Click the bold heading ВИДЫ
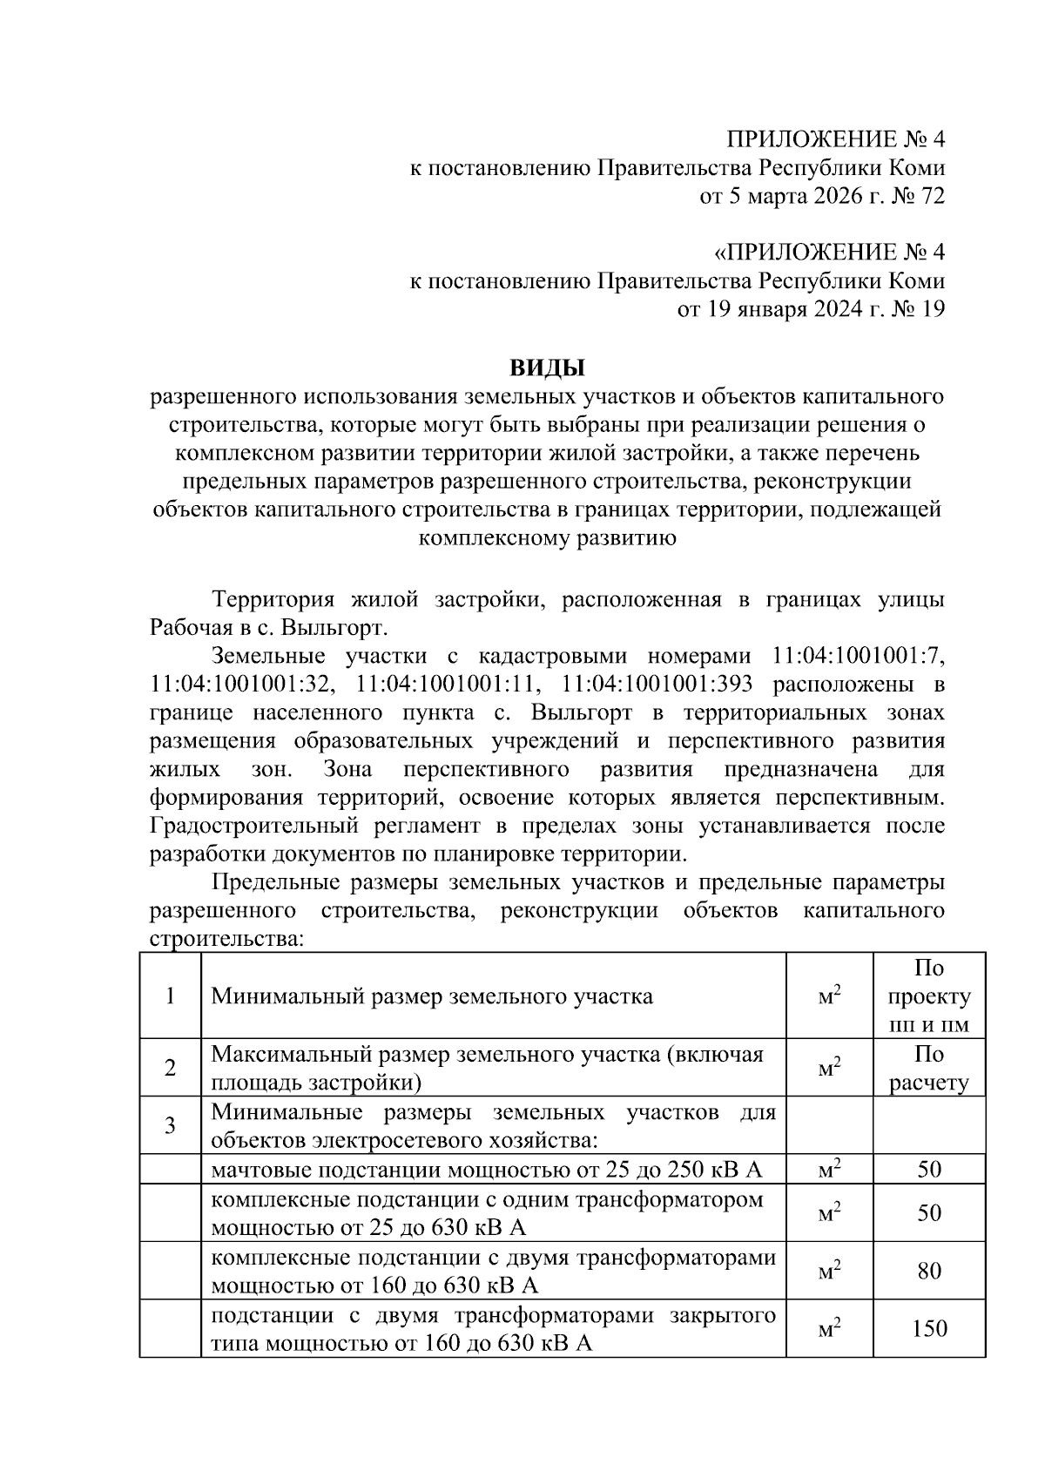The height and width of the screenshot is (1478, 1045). click(x=547, y=368)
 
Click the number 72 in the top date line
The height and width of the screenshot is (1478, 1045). click(x=931, y=196)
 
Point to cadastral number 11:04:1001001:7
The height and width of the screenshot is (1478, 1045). click(x=858, y=656)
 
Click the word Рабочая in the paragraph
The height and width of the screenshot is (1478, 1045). click(x=189, y=628)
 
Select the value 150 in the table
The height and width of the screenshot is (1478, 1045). click(x=929, y=1329)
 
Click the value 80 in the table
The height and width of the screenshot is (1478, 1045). click(x=929, y=1272)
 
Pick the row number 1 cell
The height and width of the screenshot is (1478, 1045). click(x=170, y=995)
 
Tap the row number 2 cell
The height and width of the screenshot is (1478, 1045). click(x=170, y=1068)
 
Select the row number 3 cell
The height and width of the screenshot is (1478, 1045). click(x=170, y=1125)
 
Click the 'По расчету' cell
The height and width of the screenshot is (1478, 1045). click(x=929, y=1068)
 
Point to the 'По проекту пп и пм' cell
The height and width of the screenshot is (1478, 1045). click(x=929, y=995)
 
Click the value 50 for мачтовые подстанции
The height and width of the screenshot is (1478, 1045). click(x=929, y=1169)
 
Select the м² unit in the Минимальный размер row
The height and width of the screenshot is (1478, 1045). click(x=829, y=995)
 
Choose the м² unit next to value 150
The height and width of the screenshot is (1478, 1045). click(x=829, y=1329)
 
